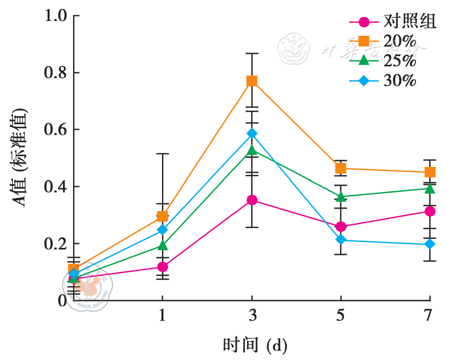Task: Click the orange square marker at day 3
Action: click(x=252, y=81)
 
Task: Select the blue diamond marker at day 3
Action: click(x=252, y=134)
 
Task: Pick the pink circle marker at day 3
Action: click(x=252, y=200)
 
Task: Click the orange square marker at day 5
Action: click(x=341, y=168)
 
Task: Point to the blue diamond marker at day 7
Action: click(x=430, y=244)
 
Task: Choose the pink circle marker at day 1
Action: click(x=163, y=267)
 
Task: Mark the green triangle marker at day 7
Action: click(x=430, y=188)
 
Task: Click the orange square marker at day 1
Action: click(x=163, y=216)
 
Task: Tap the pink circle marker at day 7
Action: click(x=430, y=212)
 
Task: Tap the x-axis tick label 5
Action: click(x=341, y=315)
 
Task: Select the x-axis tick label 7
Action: click(x=430, y=315)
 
